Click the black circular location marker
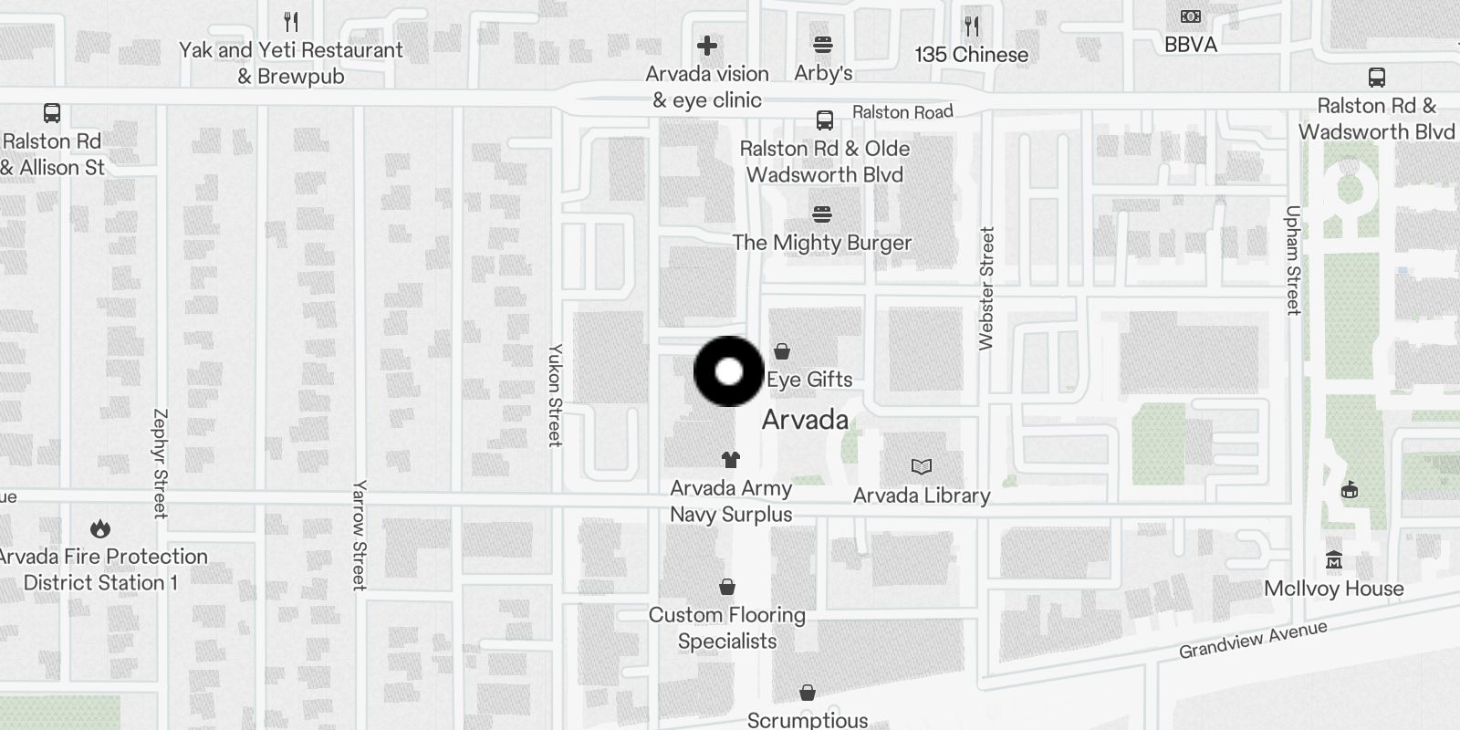click(x=728, y=371)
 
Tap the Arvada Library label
click(x=922, y=495)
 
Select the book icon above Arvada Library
click(x=922, y=467)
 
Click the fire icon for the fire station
click(x=100, y=529)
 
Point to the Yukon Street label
click(x=554, y=395)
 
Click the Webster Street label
click(x=985, y=288)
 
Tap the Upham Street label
click(x=1292, y=261)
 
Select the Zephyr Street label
click(x=161, y=464)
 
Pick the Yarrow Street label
click(x=360, y=535)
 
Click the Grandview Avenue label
click(x=1252, y=640)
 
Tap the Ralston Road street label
click(x=902, y=112)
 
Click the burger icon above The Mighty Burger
click(x=822, y=214)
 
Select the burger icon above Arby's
click(x=823, y=45)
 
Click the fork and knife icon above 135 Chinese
click(x=972, y=26)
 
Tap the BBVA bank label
click(x=1190, y=44)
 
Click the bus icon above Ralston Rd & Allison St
click(x=52, y=113)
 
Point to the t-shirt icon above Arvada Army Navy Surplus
click(x=730, y=460)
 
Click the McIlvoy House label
click(x=1333, y=589)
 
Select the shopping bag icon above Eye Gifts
click(x=782, y=351)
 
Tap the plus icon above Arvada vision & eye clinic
click(x=707, y=45)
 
